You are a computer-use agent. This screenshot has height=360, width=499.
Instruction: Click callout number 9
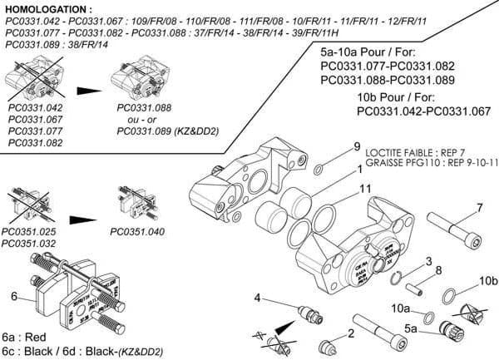tap(357, 147)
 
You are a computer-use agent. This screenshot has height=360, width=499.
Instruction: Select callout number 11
tap(365, 190)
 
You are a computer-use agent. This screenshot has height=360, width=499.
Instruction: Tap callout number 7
tap(479, 207)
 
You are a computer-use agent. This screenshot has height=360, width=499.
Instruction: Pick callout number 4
tap(259, 297)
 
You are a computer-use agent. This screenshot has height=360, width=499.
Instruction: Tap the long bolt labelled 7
tap(455, 224)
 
